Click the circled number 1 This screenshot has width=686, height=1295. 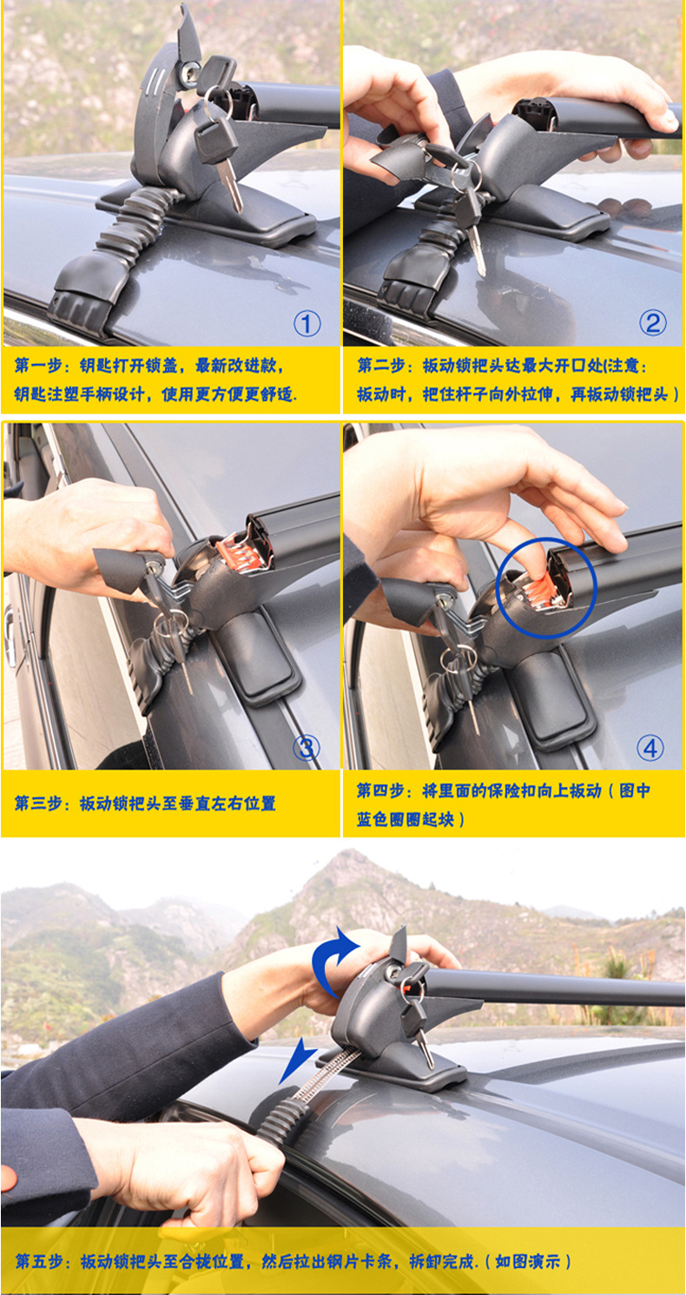pyautogui.click(x=307, y=324)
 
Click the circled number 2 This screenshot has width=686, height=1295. pyautogui.click(x=652, y=322)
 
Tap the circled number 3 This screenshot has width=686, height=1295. pyautogui.click(x=307, y=748)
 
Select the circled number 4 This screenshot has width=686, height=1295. pyautogui.click(x=650, y=748)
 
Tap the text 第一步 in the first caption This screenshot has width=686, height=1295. pyautogui.click(x=38, y=366)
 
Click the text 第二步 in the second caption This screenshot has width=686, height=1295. pyautogui.click(x=381, y=366)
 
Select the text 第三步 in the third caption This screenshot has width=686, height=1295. pyautogui.click(x=38, y=803)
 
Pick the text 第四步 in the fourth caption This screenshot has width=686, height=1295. pyautogui.click(x=380, y=790)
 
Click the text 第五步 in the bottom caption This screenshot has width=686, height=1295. pyautogui.click(x=39, y=1261)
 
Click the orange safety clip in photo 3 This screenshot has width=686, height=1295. pyautogui.click(x=234, y=552)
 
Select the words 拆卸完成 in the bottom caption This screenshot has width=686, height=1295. pyautogui.click(x=443, y=1261)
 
